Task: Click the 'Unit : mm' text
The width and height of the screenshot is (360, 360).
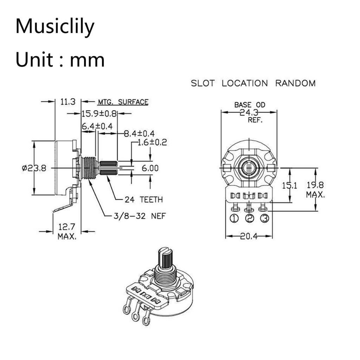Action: (x=60, y=60)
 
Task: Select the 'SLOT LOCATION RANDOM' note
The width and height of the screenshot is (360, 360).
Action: (x=253, y=83)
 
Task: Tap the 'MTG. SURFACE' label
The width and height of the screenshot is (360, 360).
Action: (x=123, y=102)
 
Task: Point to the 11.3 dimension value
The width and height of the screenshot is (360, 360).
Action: (x=68, y=102)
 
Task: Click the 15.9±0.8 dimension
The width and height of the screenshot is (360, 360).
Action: (x=99, y=114)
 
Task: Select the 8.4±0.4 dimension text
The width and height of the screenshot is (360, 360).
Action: (x=139, y=134)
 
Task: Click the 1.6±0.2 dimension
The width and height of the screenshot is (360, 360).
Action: (x=152, y=142)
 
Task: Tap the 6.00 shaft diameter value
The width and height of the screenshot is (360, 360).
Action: (x=150, y=168)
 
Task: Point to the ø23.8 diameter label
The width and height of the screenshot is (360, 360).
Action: (x=34, y=168)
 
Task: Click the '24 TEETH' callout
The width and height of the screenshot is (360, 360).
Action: (x=144, y=200)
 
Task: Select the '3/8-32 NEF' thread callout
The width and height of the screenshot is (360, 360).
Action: (x=140, y=216)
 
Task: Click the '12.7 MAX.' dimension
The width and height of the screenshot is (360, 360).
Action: (x=67, y=231)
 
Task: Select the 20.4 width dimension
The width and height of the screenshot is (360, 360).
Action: (x=249, y=236)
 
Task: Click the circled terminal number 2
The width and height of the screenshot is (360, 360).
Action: (x=250, y=218)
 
